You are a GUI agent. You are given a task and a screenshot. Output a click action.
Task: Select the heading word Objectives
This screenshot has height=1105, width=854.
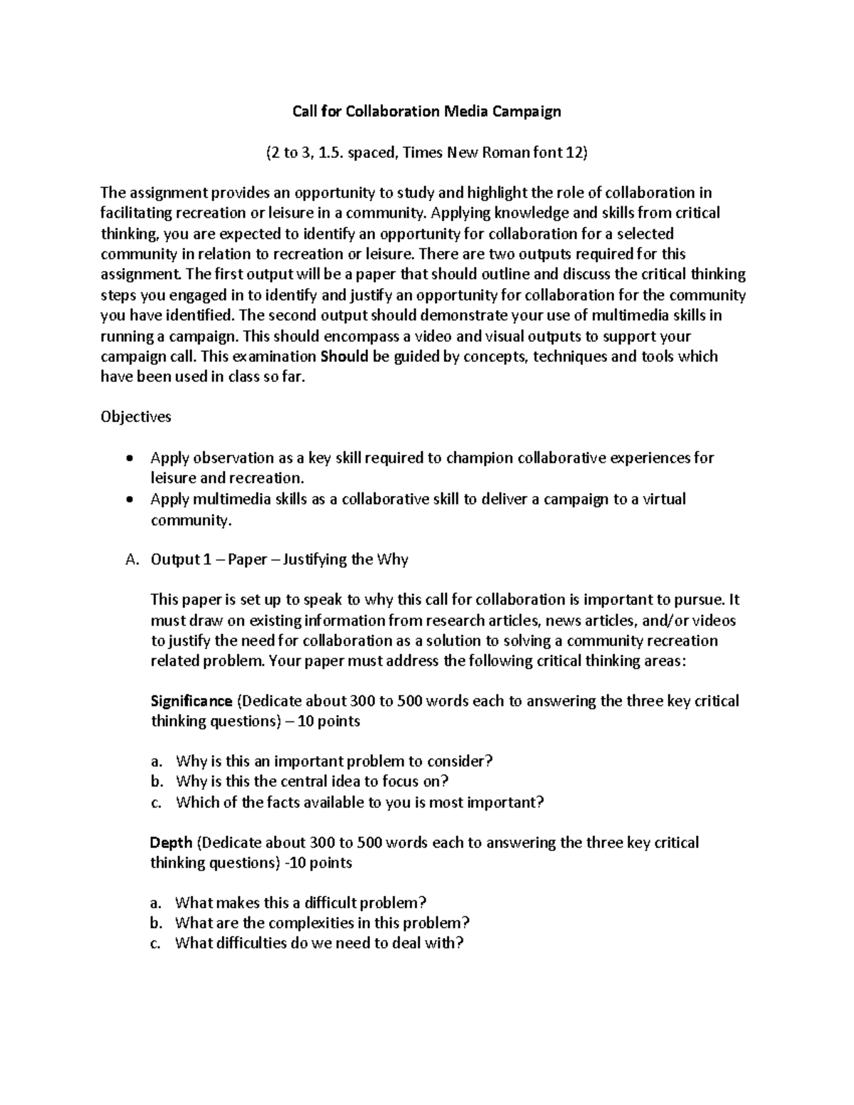(x=136, y=417)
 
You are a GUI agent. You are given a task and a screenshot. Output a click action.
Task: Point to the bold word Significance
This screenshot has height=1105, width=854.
(x=191, y=702)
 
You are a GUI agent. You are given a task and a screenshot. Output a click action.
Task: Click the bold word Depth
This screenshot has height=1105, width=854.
(x=172, y=843)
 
